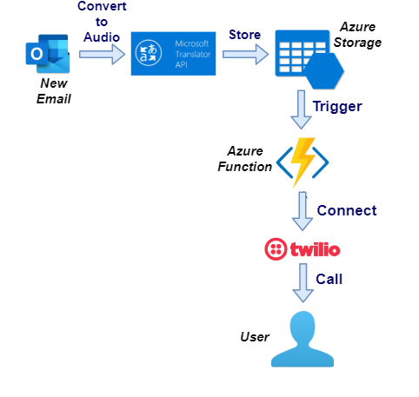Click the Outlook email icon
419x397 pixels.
click(x=48, y=54)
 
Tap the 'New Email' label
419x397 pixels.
click(x=54, y=91)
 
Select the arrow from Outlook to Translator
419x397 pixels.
click(x=102, y=54)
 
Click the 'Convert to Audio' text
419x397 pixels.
click(x=102, y=22)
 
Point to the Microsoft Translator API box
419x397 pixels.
click(x=173, y=54)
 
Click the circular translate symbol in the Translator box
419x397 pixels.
click(x=149, y=53)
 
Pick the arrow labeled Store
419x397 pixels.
click(x=245, y=54)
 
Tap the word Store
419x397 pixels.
click(x=245, y=35)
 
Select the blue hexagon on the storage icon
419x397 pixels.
click(x=324, y=71)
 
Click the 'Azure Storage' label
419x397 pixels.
click(x=357, y=35)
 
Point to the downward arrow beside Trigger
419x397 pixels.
click(x=302, y=109)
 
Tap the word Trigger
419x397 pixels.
click(x=337, y=107)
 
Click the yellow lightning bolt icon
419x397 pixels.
click(x=303, y=162)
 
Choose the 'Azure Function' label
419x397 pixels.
click(x=245, y=159)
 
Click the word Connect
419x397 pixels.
click(x=347, y=210)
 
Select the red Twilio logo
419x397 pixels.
click(x=303, y=249)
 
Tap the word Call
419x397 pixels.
click(x=329, y=279)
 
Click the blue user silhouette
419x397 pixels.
click(x=303, y=339)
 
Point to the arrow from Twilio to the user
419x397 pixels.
click(x=303, y=282)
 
